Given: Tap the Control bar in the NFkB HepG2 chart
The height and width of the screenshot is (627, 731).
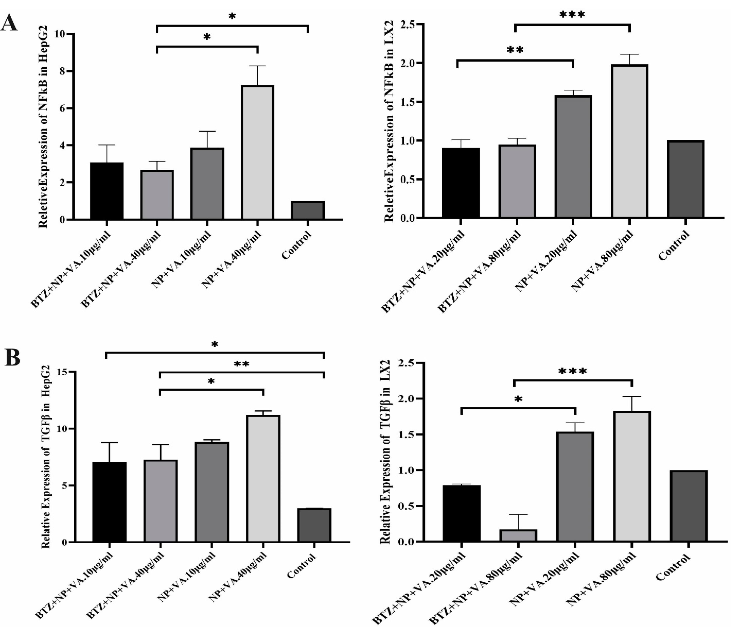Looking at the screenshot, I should [x=308, y=210].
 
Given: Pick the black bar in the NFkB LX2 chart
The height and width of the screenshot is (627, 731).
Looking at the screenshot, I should [x=460, y=182].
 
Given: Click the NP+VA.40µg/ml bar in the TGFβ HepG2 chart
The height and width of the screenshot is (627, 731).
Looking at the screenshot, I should [x=263, y=478].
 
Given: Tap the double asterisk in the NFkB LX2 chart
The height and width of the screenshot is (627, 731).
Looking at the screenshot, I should [x=515, y=50].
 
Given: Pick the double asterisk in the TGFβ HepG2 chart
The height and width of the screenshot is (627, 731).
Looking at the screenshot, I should [x=242, y=364].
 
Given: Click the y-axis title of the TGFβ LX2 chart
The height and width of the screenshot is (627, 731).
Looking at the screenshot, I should [x=385, y=452].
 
